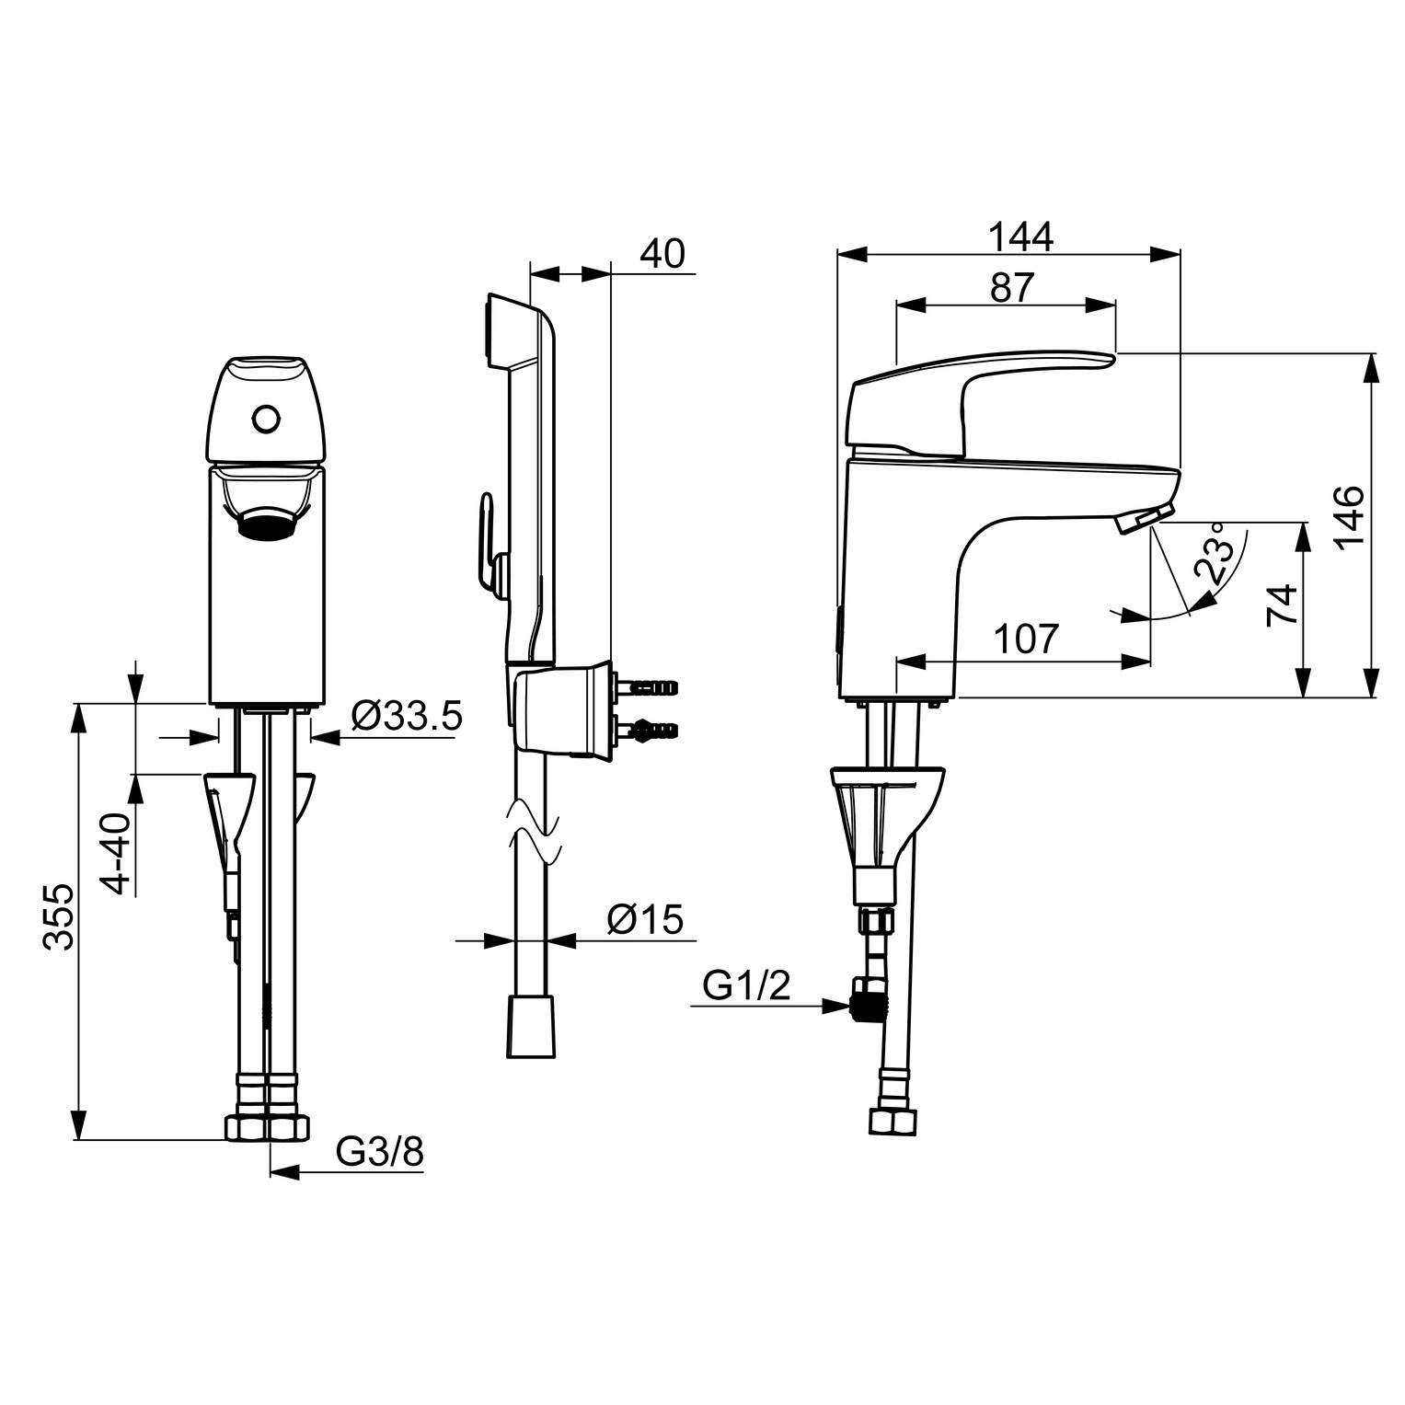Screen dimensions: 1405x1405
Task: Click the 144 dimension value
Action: coord(1020,236)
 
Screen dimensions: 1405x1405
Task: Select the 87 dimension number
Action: coord(1012,288)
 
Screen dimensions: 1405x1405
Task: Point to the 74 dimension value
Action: coord(1281,604)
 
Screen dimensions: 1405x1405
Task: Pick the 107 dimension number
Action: coord(1027,638)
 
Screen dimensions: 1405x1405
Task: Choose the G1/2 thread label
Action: coord(746,987)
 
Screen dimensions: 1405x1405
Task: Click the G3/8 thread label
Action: coord(379,1151)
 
